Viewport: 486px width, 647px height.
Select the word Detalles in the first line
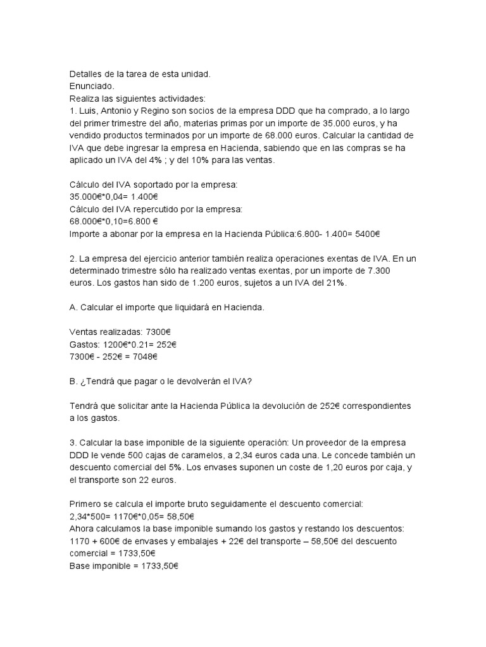click(88, 75)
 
